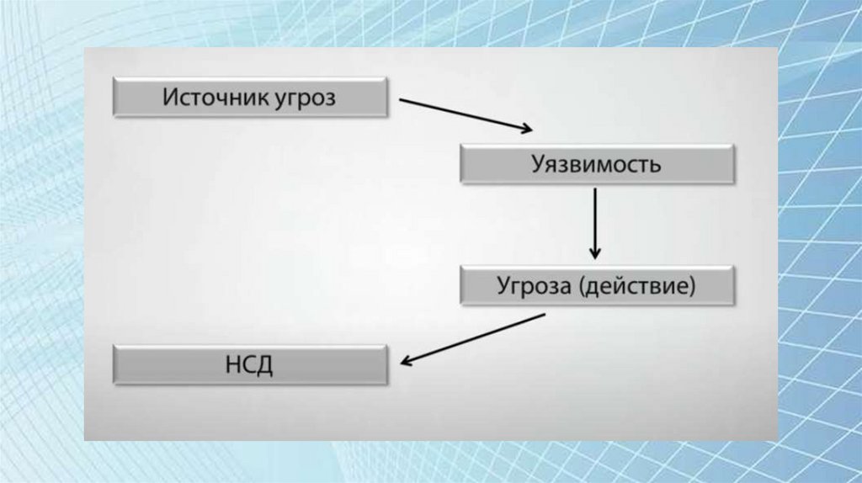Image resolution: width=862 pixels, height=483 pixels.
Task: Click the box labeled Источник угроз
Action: (x=250, y=98)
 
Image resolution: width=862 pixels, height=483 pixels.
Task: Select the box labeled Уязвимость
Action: (x=598, y=163)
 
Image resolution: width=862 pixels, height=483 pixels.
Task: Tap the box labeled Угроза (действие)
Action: (x=598, y=286)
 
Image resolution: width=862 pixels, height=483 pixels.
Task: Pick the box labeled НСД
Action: (x=250, y=365)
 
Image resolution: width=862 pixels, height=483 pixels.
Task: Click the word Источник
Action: (x=215, y=98)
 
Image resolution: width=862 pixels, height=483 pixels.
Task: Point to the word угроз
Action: (x=305, y=99)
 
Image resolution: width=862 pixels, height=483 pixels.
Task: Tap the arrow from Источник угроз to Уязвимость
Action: (x=465, y=115)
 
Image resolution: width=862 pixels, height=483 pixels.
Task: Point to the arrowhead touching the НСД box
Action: (x=406, y=362)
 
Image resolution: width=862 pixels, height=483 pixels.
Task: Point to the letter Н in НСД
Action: (x=233, y=365)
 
